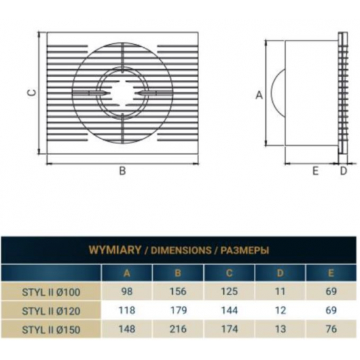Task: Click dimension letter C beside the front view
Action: click(x=33, y=92)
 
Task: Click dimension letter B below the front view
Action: click(x=122, y=171)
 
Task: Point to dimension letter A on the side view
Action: click(x=259, y=95)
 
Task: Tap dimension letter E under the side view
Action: click(x=315, y=171)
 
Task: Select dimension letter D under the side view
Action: click(x=343, y=171)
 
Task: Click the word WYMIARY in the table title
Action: click(x=115, y=250)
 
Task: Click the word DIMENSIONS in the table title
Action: click(x=181, y=250)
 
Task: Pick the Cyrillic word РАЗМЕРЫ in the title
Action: click(x=245, y=250)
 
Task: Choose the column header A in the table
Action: click(x=127, y=273)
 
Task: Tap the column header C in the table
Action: click(x=229, y=273)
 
